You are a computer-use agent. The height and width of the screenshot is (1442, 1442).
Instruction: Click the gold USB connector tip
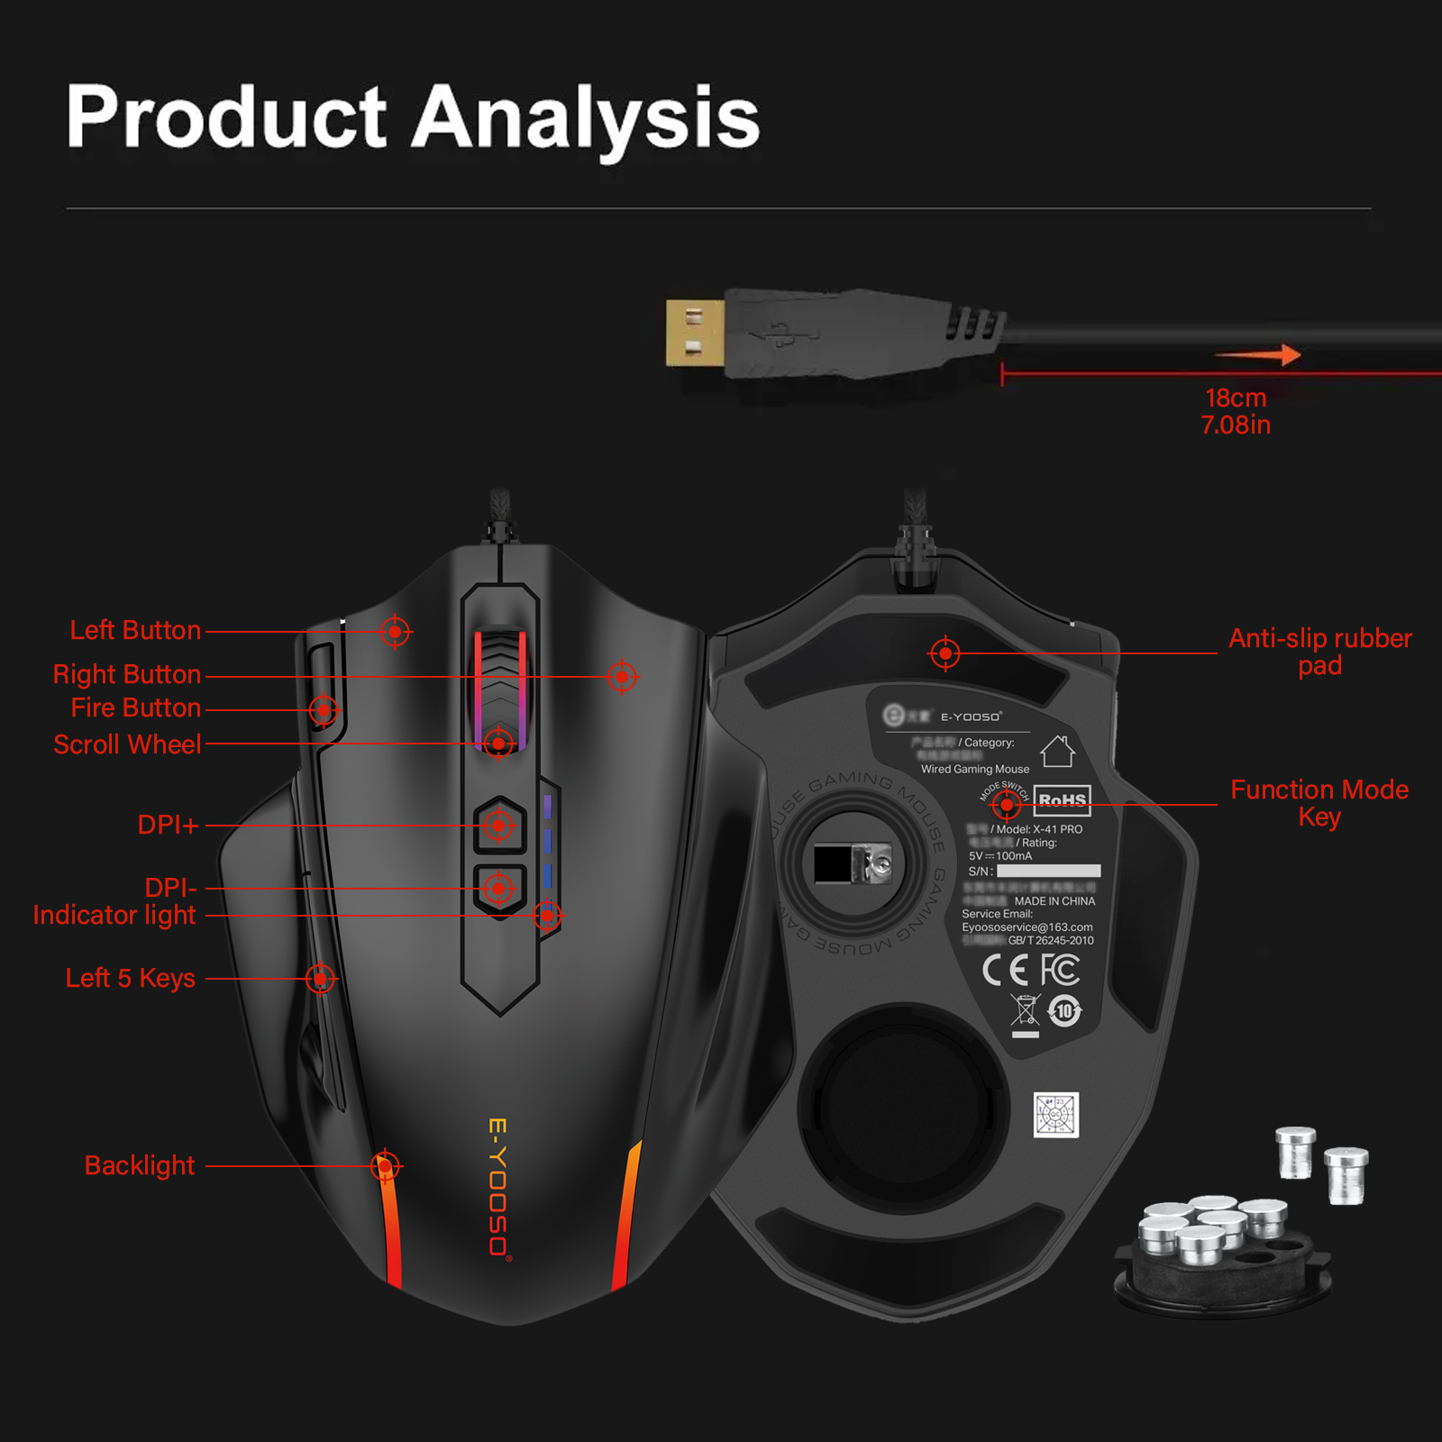(x=695, y=333)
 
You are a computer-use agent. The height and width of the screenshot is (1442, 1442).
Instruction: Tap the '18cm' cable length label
(x=1236, y=398)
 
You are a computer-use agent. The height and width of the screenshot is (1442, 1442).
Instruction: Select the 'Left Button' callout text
(x=135, y=630)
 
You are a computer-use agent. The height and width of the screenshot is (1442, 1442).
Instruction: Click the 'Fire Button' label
(x=135, y=707)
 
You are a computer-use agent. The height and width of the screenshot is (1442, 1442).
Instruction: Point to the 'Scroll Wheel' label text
(x=127, y=744)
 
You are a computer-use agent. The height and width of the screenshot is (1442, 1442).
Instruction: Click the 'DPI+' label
(x=168, y=825)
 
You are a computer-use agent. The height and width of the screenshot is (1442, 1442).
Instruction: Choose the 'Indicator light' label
(x=114, y=915)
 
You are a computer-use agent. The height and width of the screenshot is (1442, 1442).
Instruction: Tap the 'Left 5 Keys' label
(x=131, y=978)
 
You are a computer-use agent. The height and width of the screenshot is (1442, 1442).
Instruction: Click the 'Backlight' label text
(x=140, y=1165)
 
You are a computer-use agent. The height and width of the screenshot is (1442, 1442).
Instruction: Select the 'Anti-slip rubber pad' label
(x=1319, y=652)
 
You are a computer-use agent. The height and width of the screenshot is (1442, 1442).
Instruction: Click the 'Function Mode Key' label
(x=1319, y=803)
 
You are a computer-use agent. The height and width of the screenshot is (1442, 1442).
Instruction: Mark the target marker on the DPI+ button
(x=498, y=825)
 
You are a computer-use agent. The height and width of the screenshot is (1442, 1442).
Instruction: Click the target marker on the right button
(x=622, y=676)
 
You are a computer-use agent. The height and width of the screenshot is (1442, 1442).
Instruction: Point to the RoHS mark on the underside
(x=1062, y=799)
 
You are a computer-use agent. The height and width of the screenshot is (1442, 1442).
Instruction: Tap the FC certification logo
(x=1061, y=970)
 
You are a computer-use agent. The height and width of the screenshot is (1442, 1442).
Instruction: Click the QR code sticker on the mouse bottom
(x=1055, y=1115)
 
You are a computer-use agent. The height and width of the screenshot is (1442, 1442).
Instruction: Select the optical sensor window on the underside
(x=853, y=863)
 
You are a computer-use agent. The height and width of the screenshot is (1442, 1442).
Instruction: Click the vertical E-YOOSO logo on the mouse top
(x=498, y=1187)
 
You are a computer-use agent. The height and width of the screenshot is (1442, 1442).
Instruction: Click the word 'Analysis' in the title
(x=586, y=119)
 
